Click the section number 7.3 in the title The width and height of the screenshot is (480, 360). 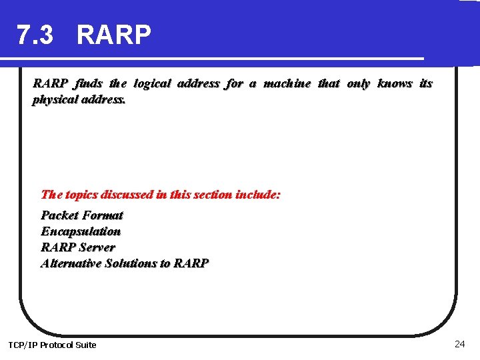pyautogui.click(x=35, y=35)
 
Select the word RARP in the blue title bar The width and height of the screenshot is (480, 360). pyautogui.click(x=114, y=35)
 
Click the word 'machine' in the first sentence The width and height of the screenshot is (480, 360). pyautogui.click(x=287, y=83)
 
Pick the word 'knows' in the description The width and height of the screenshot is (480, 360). pyautogui.click(x=395, y=83)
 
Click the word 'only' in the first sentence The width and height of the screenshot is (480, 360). pyautogui.click(x=358, y=83)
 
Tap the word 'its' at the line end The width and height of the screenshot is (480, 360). pyautogui.click(x=425, y=83)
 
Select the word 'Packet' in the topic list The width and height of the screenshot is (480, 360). pyautogui.click(x=59, y=215)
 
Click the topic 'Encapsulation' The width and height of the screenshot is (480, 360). pyautogui.click(x=81, y=231)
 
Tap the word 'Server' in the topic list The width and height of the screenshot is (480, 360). pyautogui.click(x=97, y=247)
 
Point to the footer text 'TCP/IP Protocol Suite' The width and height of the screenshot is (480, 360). pyautogui.click(x=52, y=345)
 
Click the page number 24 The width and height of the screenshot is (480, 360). pyautogui.click(x=459, y=344)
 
